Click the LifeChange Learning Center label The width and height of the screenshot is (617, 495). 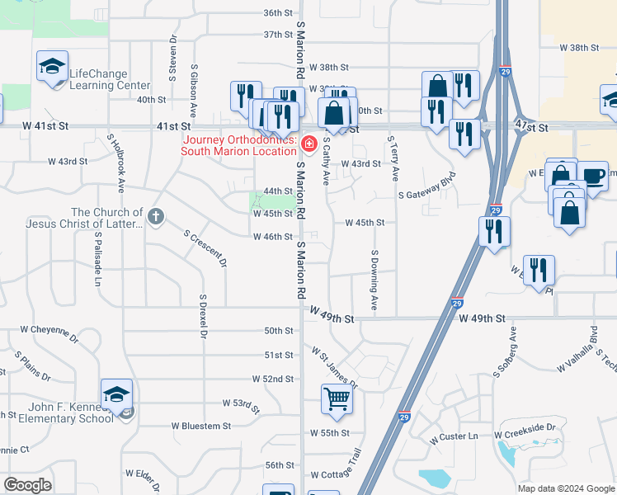click(x=110, y=79)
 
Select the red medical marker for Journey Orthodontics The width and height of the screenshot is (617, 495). click(x=308, y=145)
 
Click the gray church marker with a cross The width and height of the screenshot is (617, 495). click(x=156, y=218)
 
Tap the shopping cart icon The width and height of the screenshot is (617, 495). click(x=337, y=399)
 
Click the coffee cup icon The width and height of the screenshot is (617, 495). click(x=591, y=175)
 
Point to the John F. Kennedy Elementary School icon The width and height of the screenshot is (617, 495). click(x=116, y=394)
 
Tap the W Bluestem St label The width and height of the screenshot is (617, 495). click(x=201, y=426)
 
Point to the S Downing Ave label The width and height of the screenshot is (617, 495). click(x=374, y=280)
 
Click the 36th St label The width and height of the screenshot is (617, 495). click(x=278, y=13)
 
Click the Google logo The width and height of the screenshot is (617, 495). click(x=27, y=485)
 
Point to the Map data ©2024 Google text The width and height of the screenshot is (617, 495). click(x=565, y=488)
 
